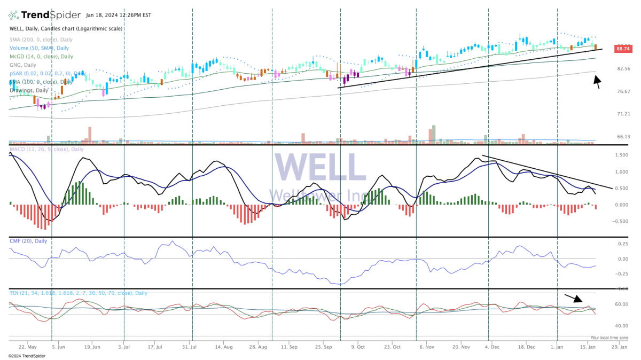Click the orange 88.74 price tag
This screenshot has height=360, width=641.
point(622,49)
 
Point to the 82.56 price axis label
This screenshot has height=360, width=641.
point(623,69)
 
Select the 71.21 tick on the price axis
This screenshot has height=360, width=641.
point(623,114)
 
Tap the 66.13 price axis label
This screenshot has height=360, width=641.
point(623,137)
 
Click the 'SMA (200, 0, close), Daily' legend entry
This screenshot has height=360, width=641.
point(41,40)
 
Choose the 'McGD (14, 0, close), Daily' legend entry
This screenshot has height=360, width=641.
point(41,56)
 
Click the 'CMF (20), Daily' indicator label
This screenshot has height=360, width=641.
point(28,241)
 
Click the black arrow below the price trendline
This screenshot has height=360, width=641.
point(597,82)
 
